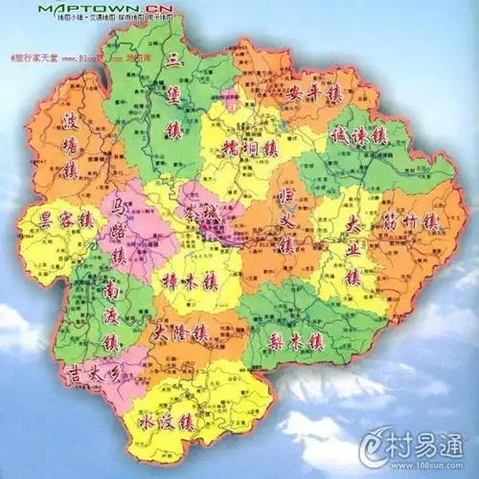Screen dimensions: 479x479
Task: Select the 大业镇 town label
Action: tap(352, 252)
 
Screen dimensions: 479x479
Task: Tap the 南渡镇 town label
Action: tap(111, 314)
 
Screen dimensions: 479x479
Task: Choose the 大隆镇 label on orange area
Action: tap(180, 335)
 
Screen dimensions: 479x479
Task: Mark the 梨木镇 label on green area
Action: tap(298, 340)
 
